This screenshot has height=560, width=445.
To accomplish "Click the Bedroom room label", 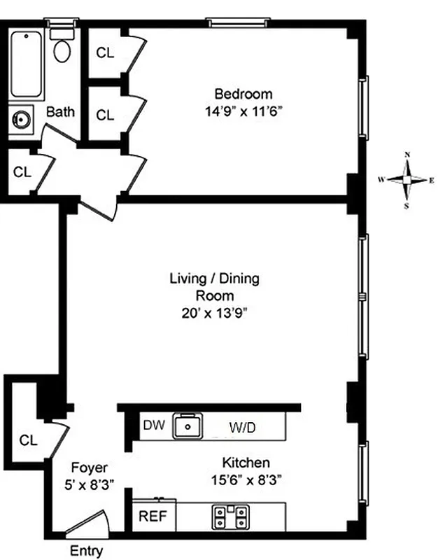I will click(x=243, y=94).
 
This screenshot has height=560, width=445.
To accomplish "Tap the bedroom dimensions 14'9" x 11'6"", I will click(x=243, y=111).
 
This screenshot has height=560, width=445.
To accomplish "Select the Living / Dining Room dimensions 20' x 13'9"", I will click(x=214, y=313).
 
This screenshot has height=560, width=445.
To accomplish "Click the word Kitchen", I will click(x=246, y=463).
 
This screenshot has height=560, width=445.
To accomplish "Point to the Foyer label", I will click(x=90, y=467).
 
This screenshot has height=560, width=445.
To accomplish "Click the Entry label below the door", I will click(x=86, y=551).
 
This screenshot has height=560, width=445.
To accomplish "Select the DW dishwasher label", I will click(x=153, y=425).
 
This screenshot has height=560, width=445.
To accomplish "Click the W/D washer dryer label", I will click(x=243, y=426).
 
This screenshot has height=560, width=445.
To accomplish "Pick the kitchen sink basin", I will click(x=188, y=425).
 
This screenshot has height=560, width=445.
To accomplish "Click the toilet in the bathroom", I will click(x=64, y=46).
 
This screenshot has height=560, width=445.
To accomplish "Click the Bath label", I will click(x=60, y=111).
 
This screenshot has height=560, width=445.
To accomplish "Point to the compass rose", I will click(x=407, y=179).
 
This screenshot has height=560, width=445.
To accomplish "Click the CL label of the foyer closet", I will click(x=27, y=440).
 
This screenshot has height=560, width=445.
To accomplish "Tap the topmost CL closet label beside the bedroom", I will click(x=105, y=52).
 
